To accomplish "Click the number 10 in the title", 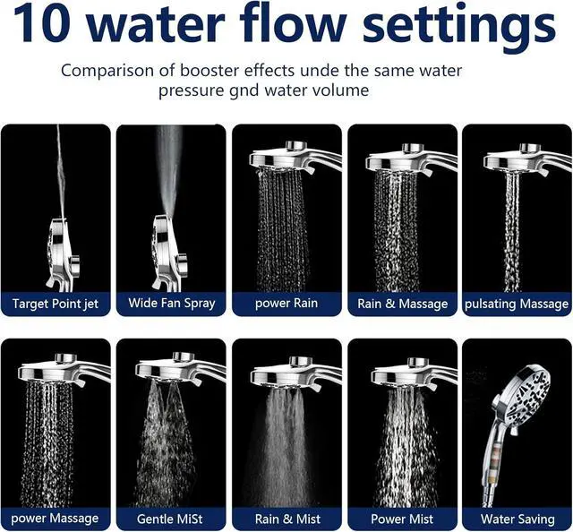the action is tap(42, 24).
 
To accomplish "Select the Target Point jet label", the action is tap(56, 304).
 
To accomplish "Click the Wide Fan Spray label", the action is tap(171, 304).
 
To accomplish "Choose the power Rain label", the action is tap(286, 304).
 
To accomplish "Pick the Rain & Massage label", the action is tap(402, 304).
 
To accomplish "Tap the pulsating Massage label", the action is tap(517, 304).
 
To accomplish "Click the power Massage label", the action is tap(55, 519).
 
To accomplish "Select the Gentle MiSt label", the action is tap(169, 519).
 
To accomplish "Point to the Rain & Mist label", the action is tap(287, 519).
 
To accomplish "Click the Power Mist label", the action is tap(402, 519).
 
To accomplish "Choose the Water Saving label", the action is tap(517, 519).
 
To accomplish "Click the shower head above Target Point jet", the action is tap(63, 253).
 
